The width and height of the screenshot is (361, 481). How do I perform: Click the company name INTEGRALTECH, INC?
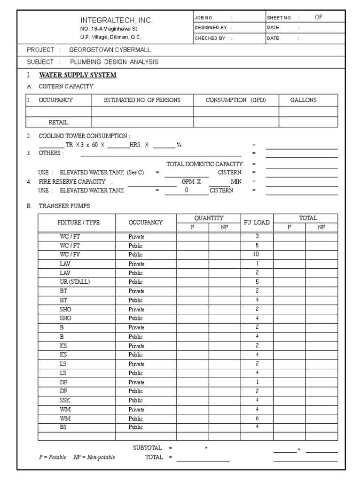[117, 21]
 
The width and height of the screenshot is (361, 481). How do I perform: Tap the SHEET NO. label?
[280, 18]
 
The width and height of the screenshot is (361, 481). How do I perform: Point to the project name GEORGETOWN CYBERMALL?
[110, 50]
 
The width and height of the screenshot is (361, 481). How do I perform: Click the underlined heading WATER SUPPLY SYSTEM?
[78, 75]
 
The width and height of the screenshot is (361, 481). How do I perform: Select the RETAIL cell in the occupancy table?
[59, 122]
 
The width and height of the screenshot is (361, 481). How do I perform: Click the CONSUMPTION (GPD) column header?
[236, 100]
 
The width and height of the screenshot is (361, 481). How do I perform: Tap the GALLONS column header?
[303, 100]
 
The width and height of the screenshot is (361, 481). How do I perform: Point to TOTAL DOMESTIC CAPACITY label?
[205, 164]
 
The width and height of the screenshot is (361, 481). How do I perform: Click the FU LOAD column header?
[257, 223]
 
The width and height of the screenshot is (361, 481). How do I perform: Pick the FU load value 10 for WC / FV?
[257, 254]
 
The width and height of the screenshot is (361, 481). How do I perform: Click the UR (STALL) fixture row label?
[75, 282]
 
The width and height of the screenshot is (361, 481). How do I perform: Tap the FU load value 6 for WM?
[257, 418]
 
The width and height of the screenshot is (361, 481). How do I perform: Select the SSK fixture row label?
[65, 400]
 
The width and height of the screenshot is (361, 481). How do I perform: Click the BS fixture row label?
[63, 427]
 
